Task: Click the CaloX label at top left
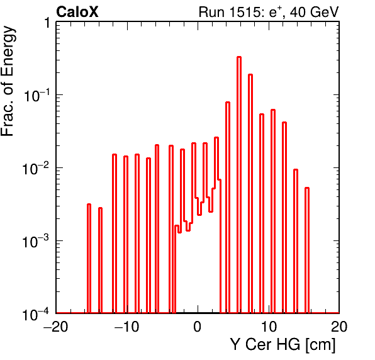click(x=77, y=12)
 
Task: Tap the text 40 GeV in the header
click(x=314, y=12)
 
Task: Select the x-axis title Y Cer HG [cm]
click(x=283, y=345)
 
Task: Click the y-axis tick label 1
click(x=47, y=23)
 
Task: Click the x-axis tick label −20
click(x=56, y=326)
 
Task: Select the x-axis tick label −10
click(x=126, y=326)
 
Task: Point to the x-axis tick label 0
click(x=198, y=326)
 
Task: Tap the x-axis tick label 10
click(x=269, y=326)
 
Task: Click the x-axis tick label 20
click(x=339, y=326)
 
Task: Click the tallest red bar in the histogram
click(x=239, y=184)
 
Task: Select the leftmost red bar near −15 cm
click(x=89, y=258)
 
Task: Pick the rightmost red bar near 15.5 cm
click(x=307, y=250)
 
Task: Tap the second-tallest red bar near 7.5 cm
click(x=250, y=194)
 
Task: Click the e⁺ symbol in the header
click(x=275, y=12)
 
